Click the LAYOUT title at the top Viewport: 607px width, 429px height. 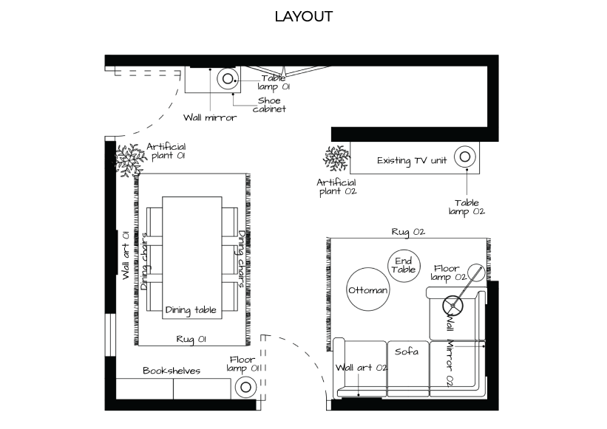(x=303, y=17)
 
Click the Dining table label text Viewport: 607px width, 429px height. (x=191, y=310)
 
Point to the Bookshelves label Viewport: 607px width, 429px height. (x=172, y=371)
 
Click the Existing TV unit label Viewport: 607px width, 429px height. (x=412, y=160)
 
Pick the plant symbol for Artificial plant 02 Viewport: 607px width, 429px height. (x=337, y=158)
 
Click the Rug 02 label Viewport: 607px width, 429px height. (x=408, y=232)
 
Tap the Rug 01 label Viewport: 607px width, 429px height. (x=191, y=340)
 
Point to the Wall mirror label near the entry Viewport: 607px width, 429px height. (x=210, y=117)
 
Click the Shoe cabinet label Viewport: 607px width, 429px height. (x=269, y=105)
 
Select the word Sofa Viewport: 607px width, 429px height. (x=407, y=351)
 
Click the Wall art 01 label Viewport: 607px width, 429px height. (x=126, y=255)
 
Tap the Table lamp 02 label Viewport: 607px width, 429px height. (x=467, y=207)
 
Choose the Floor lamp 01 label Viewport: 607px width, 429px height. (x=243, y=364)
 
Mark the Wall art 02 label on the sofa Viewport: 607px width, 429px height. (x=362, y=368)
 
